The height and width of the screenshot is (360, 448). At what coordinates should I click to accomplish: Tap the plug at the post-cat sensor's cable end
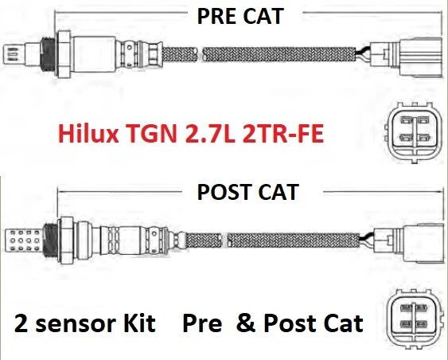414,237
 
